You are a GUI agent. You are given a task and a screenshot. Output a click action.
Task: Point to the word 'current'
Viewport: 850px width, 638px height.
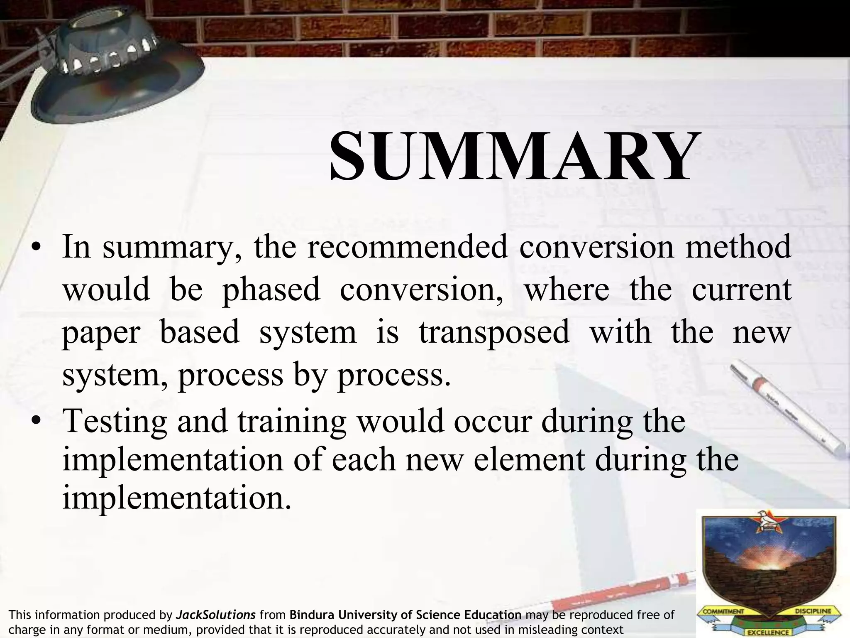741,290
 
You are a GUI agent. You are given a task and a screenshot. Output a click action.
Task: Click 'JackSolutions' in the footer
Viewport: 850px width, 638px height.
216,615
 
